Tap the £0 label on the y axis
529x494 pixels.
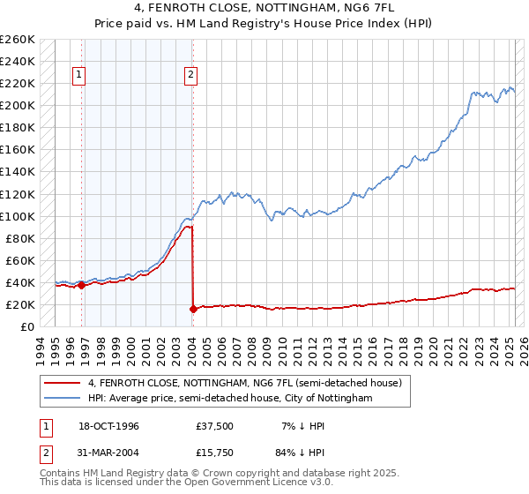pyautogui.click(x=26, y=326)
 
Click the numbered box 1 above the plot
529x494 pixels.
pyautogui.click(x=79, y=76)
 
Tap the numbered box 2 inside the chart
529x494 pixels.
pyautogui.click(x=190, y=76)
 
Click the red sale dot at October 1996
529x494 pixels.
pyautogui.click(x=82, y=285)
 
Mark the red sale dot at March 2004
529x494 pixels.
pyautogui.click(x=193, y=309)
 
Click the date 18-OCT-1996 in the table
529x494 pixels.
pyautogui.click(x=109, y=426)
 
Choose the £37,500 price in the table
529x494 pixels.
pyautogui.click(x=215, y=426)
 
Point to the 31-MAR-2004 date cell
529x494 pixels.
pyautogui.click(x=110, y=454)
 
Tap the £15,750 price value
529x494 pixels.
pyautogui.click(x=215, y=454)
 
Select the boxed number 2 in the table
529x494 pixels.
pyautogui.click(x=47, y=454)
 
